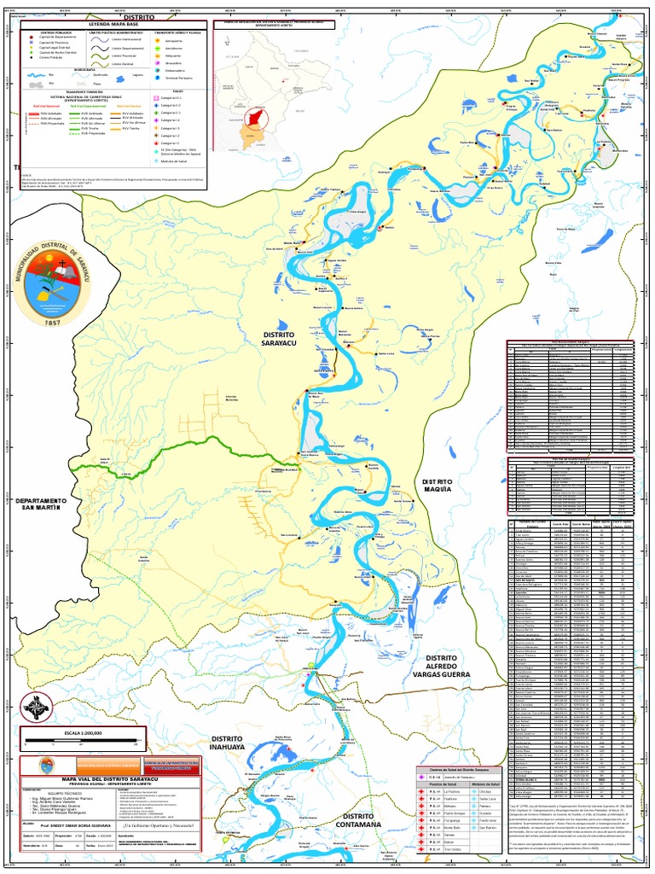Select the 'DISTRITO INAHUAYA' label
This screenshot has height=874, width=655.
tap(227, 743)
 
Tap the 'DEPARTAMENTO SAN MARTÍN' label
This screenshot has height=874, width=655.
tap(41, 504)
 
